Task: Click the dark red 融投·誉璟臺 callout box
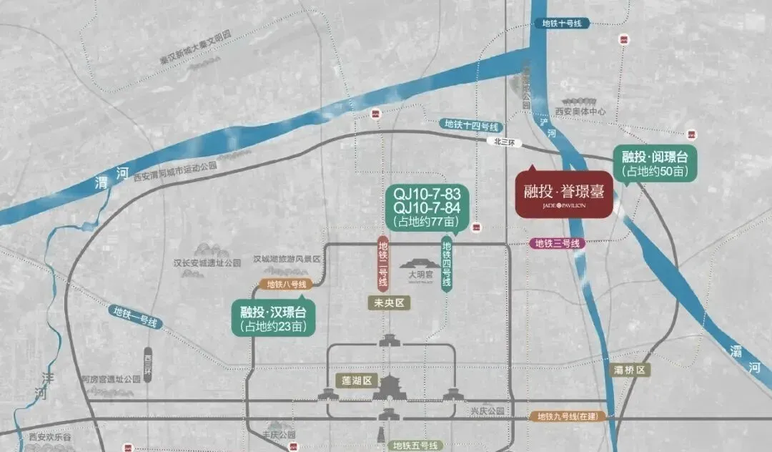click(564, 194)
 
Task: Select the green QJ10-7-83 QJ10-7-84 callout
click(426, 207)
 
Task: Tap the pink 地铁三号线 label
click(558, 244)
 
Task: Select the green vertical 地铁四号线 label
click(447, 264)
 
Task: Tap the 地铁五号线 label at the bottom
click(416, 446)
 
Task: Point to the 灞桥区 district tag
click(630, 370)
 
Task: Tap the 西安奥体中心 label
click(580, 112)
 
